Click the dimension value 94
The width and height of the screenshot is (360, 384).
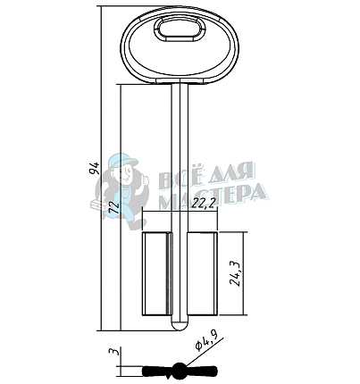click(95, 169)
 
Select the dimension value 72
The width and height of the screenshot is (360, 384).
click(113, 207)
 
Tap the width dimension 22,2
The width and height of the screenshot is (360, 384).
click(204, 204)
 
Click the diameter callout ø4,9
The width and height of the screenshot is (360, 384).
click(206, 340)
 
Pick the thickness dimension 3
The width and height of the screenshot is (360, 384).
click(114, 351)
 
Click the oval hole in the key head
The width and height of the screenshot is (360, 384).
click(180, 29)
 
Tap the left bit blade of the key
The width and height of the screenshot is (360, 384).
click(157, 273)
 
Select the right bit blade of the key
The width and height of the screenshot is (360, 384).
click(203, 273)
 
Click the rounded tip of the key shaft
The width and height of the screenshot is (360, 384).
click(180, 326)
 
